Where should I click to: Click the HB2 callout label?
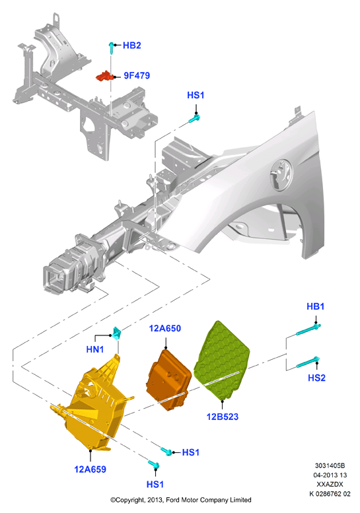click(x=132, y=45)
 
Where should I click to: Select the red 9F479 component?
click(x=104, y=76)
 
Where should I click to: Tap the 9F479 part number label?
click(x=137, y=75)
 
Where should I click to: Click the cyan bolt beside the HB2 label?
click(x=111, y=48)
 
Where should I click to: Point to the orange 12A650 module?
click(x=168, y=380)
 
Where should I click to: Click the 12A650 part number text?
click(x=165, y=328)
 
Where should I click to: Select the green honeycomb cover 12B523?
click(x=221, y=360)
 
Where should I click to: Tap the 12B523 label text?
click(x=223, y=417)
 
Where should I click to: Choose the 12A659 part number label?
click(x=90, y=469)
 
